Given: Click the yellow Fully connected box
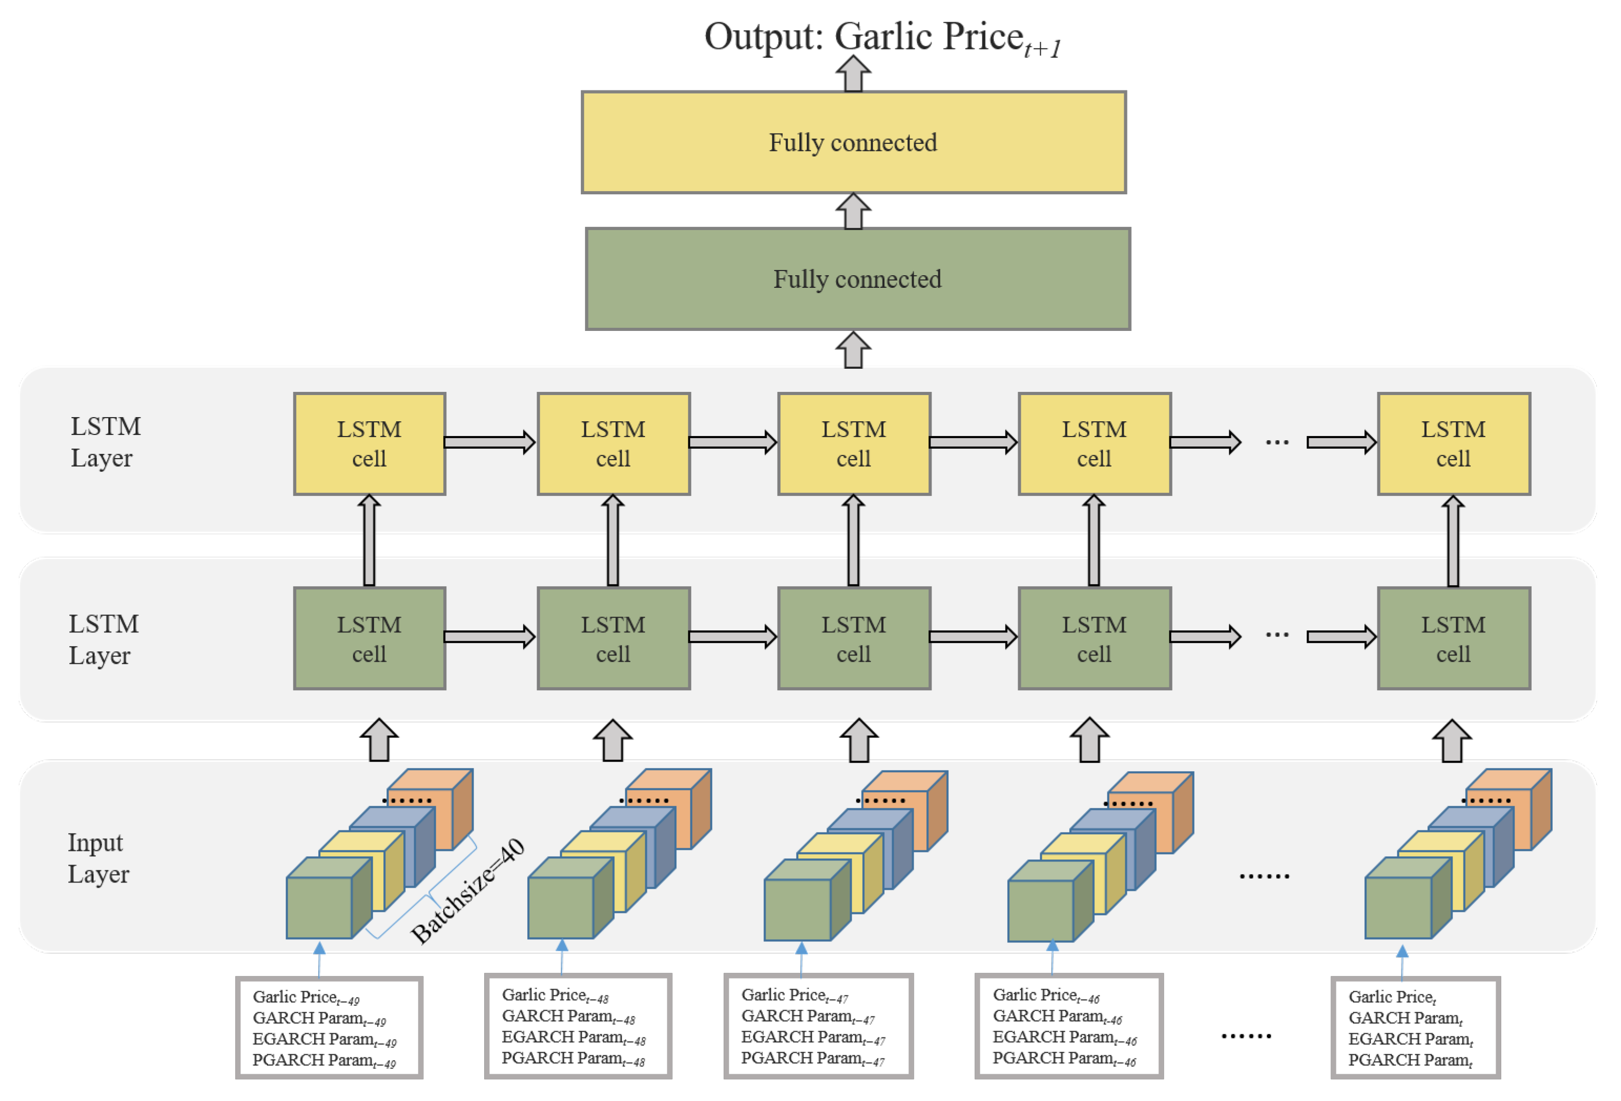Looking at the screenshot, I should [853, 142].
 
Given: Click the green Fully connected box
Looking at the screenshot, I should [857, 279].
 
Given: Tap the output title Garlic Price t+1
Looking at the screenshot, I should [882, 38].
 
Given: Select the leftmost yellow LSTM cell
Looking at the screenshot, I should [369, 444].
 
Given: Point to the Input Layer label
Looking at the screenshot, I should [98, 858].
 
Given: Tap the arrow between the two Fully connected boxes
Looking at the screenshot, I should [853, 211].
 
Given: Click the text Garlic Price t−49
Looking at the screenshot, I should [306, 997].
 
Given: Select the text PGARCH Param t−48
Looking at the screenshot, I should [573, 1058].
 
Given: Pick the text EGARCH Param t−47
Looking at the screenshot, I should [812, 1037].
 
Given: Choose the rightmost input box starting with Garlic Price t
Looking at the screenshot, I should [1415, 1028].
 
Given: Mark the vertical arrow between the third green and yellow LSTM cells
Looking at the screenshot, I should [853, 541].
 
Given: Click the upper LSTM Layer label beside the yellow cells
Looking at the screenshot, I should [104, 442].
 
